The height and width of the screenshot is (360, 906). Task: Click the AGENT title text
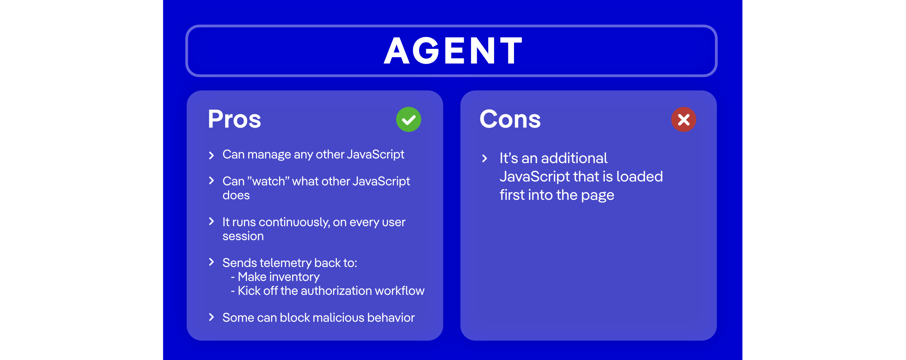(x=453, y=51)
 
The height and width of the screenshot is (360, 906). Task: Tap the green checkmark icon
(x=408, y=119)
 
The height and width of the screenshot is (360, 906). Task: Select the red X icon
(x=683, y=119)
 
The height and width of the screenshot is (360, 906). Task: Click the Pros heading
(x=234, y=119)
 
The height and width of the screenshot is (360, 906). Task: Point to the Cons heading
(x=510, y=119)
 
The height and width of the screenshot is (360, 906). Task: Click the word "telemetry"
(x=286, y=263)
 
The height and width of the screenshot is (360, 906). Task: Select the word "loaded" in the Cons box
(x=639, y=177)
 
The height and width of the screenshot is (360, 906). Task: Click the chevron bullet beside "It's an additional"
(x=485, y=158)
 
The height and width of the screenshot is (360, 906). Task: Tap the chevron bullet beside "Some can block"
(x=212, y=317)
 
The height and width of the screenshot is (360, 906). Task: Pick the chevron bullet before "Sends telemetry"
(x=212, y=262)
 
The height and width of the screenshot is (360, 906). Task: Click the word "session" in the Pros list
(x=243, y=236)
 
